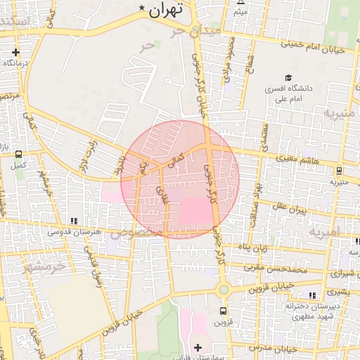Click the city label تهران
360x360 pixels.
pyautogui.click(x=167, y=9)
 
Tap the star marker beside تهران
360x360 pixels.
pyautogui.click(x=143, y=8)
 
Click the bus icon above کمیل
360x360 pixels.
pyautogui.click(x=18, y=155)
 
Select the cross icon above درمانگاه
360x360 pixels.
pyautogui.click(x=15, y=52)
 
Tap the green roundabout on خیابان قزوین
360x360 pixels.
pyautogui.click(x=223, y=290)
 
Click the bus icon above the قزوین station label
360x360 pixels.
pyautogui.click(x=223, y=311)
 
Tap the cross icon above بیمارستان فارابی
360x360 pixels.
pyautogui.click(x=198, y=347)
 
